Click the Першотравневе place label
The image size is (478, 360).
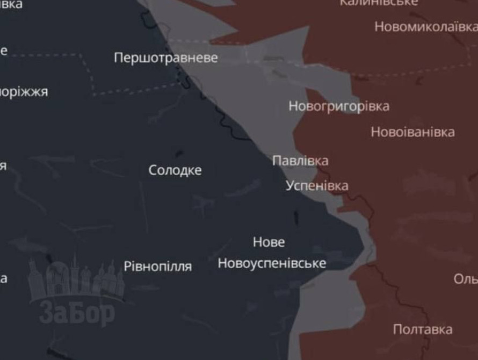coord(165,57)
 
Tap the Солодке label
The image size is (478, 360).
coord(175,170)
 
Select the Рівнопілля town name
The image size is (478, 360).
coord(157,266)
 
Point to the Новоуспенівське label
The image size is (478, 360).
coord(272,263)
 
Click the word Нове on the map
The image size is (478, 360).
coord(269,242)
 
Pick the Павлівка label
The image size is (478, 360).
coord(300,161)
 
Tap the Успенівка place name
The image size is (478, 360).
coord(317,186)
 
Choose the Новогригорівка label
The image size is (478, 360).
coord(339,106)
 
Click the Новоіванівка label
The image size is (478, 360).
coord(412,132)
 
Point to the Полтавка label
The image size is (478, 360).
coord(422,329)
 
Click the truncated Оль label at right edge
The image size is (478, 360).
coord(466,279)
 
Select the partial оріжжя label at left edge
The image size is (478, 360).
coord(24,92)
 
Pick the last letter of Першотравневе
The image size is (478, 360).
coord(214,58)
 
